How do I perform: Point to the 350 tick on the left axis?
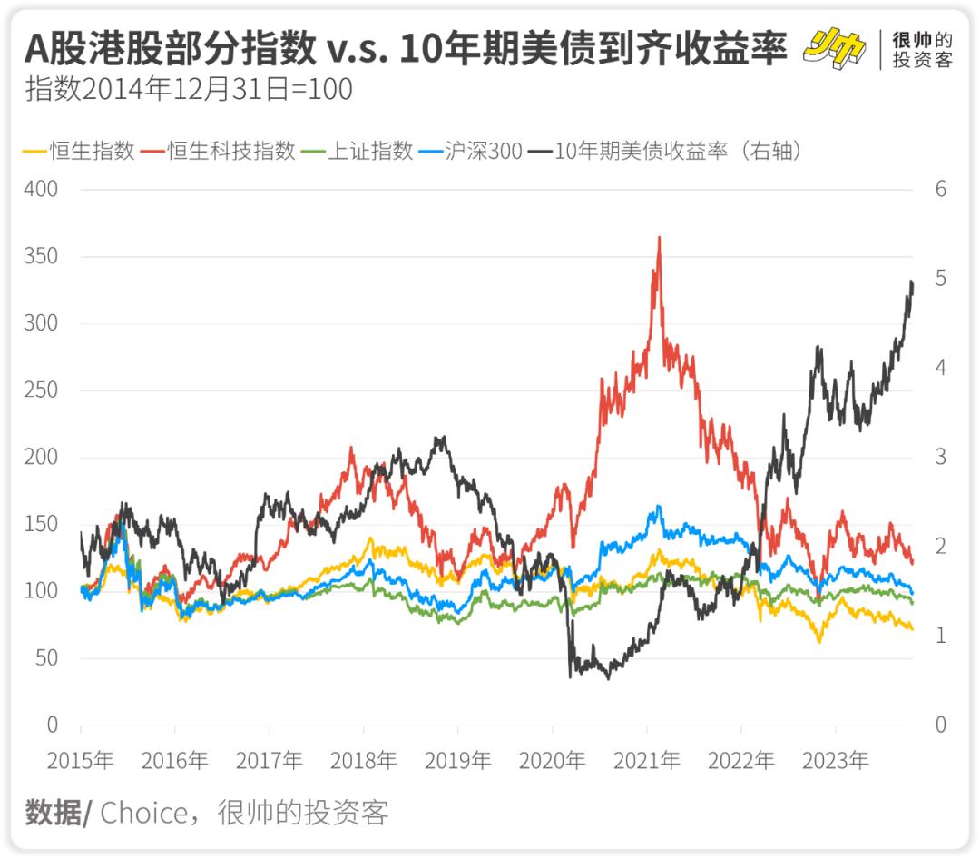point(40,256)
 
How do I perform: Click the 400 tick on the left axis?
point(40,189)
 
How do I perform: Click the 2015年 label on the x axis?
point(80,760)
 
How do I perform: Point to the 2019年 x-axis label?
point(457,760)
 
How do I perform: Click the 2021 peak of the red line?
point(659,238)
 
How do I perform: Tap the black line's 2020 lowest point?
point(570,676)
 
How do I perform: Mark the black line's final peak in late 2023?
point(911,282)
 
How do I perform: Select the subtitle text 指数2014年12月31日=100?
point(189,90)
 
